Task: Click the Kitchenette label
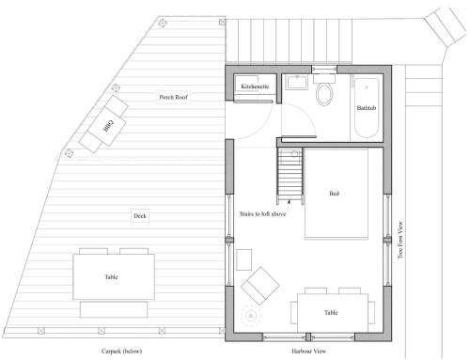tap(255, 86)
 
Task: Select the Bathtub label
tap(367, 108)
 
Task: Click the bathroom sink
tap(298, 83)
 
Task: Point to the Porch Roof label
tap(173, 97)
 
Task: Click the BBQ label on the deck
tap(108, 125)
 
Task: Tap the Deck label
tap(140, 216)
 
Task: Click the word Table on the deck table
tap(111, 277)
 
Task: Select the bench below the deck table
tap(114, 309)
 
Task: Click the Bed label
tap(335, 194)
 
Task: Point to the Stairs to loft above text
tap(262, 214)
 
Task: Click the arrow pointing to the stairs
tap(290, 206)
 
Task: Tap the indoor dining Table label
tap(331, 312)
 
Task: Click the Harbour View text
tap(308, 352)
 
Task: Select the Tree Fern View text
tap(400, 240)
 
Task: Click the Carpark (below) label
tap(121, 352)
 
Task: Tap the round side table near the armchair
tap(251, 316)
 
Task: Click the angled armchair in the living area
tap(260, 286)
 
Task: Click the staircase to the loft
tap(290, 175)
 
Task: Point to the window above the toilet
tap(324, 70)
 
